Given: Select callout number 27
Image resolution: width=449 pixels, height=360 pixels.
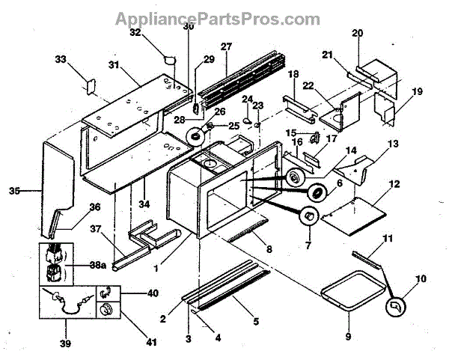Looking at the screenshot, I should click(226, 47).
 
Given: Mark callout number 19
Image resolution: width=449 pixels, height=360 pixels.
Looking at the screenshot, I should click(417, 91).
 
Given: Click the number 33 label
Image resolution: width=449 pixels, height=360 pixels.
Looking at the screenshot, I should click(61, 59).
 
